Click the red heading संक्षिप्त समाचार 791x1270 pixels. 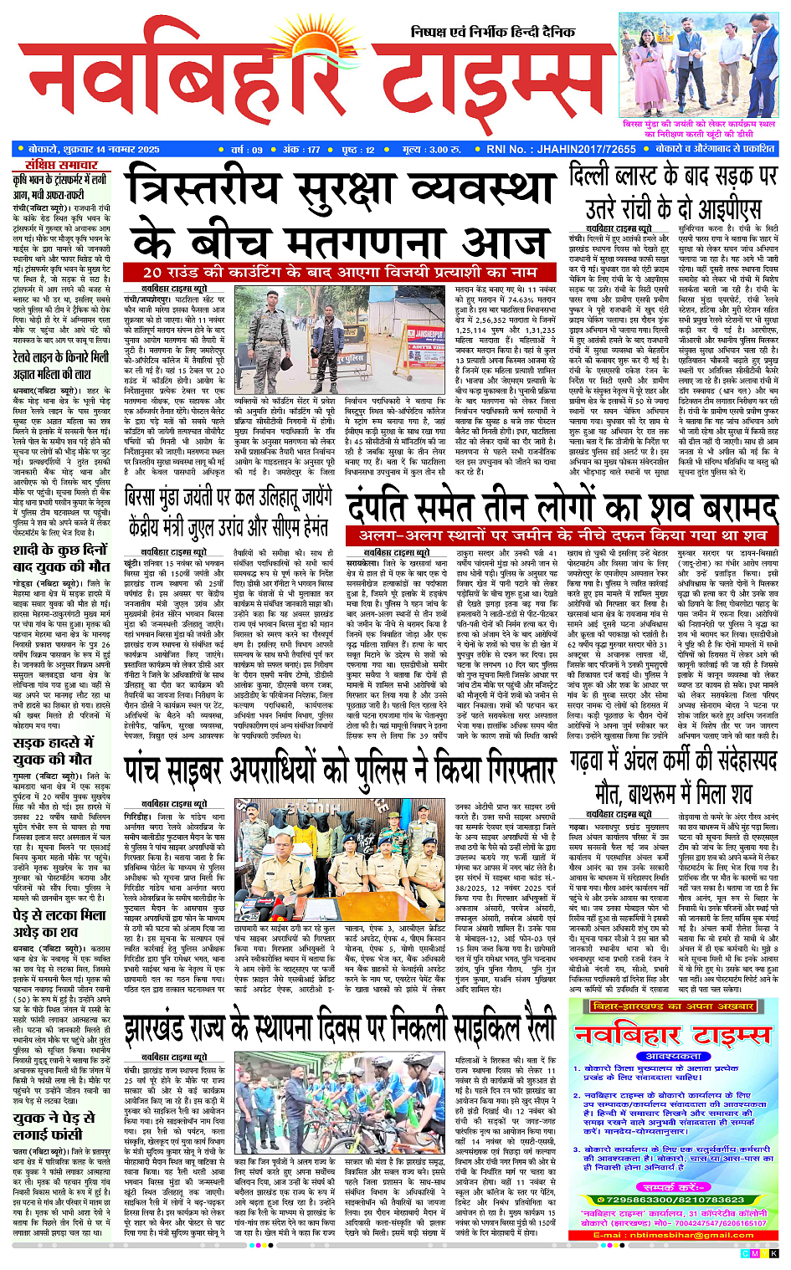(x=61, y=165)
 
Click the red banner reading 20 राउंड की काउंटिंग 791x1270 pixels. (x=339, y=272)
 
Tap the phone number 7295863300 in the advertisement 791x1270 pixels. (x=628, y=1199)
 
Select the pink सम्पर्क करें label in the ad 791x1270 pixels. (x=678, y=1186)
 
